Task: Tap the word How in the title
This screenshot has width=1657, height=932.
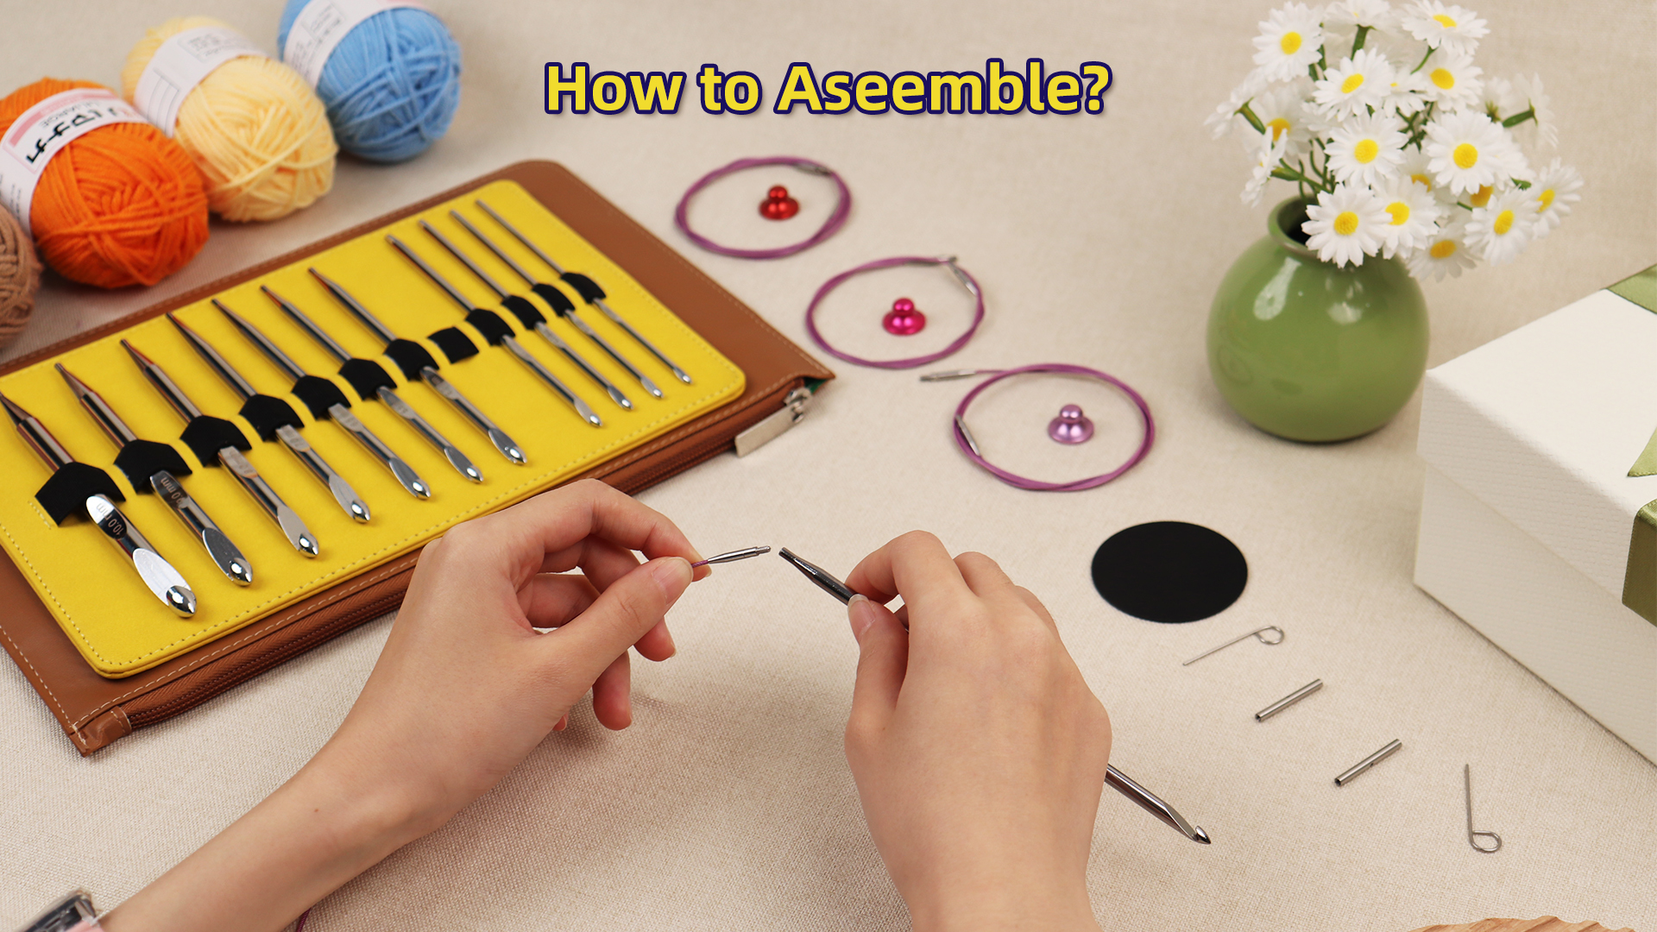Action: click(614, 89)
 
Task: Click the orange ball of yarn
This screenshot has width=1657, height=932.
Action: click(121, 207)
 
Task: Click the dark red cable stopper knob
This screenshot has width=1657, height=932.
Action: click(778, 204)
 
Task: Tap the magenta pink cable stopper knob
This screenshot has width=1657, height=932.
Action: click(904, 318)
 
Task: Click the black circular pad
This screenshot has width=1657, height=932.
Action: click(1169, 571)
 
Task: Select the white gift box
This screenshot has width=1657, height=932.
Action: click(1536, 483)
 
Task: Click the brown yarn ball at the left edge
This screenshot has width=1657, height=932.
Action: click(16, 276)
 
